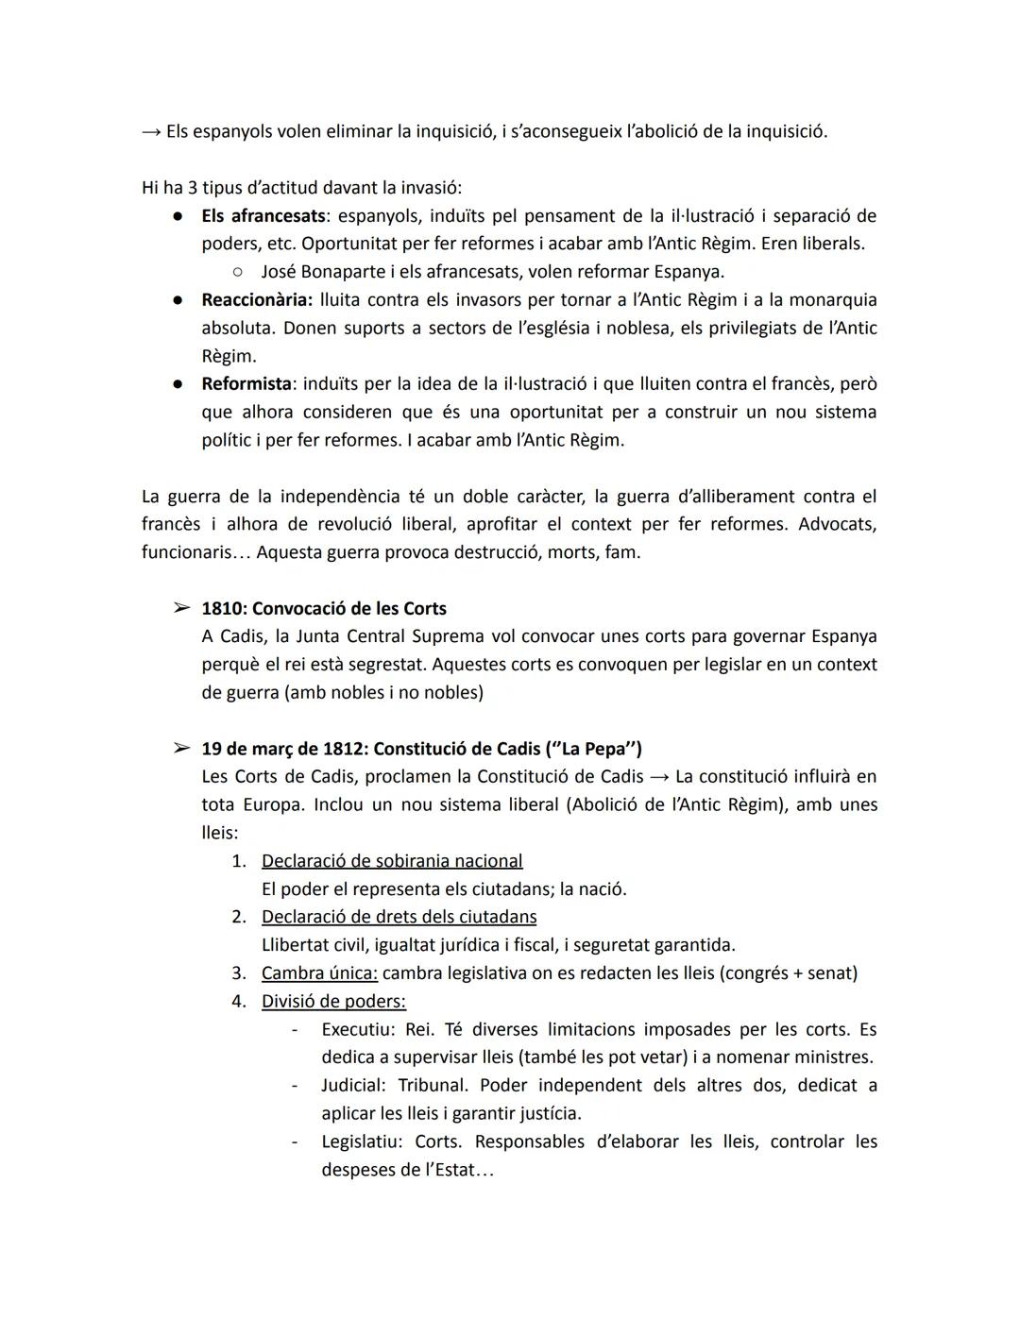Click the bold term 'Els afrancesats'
tap(263, 215)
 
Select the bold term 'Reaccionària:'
tap(256, 299)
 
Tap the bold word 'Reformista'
tap(246, 383)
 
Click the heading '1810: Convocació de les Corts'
tap(324, 608)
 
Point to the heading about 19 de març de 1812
tap(421, 749)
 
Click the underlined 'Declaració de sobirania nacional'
tap(392, 861)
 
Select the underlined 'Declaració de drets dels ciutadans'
tap(399, 917)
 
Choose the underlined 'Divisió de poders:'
tap(333, 1001)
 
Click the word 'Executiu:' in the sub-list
tap(357, 1029)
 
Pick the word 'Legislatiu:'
tap(362, 1141)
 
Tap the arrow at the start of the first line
tap(151, 131)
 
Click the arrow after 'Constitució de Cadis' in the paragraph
tap(658, 777)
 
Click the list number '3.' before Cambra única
tap(239, 972)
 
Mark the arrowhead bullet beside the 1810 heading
tap(181, 608)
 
